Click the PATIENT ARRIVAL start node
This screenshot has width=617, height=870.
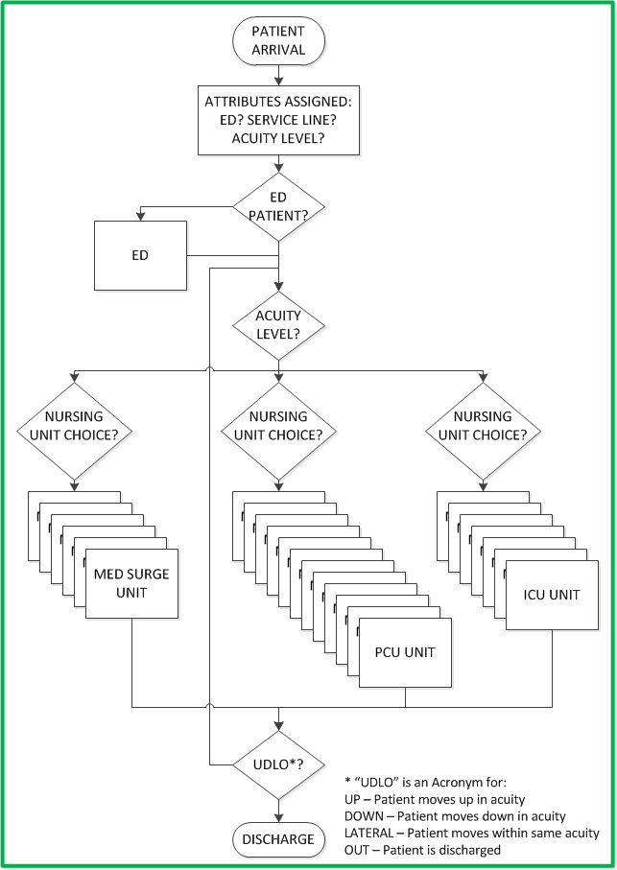click(x=278, y=39)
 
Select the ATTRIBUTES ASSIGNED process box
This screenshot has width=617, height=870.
click(x=278, y=120)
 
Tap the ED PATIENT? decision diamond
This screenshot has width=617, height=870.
click(x=278, y=206)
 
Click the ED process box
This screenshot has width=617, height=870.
click(x=140, y=256)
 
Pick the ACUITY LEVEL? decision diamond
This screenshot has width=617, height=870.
click(x=278, y=324)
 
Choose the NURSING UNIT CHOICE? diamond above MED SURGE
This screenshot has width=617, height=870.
click(x=74, y=425)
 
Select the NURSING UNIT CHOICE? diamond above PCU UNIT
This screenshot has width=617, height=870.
click(x=278, y=425)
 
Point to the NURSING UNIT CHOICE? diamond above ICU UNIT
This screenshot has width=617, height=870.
click(x=483, y=425)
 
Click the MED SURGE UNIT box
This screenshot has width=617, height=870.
click(x=131, y=583)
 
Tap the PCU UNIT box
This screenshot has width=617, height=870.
click(x=405, y=652)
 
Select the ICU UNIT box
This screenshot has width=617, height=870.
click(x=551, y=595)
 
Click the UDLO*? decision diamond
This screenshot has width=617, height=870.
click(x=278, y=764)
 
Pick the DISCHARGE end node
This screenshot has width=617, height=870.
click(x=278, y=839)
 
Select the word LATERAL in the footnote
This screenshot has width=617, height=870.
click(x=369, y=833)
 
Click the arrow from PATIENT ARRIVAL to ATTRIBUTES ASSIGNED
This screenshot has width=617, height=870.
click(x=278, y=75)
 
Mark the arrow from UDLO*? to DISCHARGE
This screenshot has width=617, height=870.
click(x=278, y=811)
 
